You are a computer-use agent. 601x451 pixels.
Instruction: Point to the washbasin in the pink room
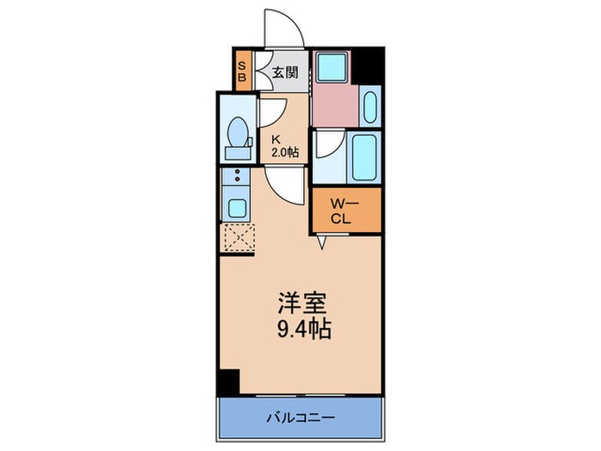(370, 107)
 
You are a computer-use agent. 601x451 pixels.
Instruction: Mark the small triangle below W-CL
(323, 244)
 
